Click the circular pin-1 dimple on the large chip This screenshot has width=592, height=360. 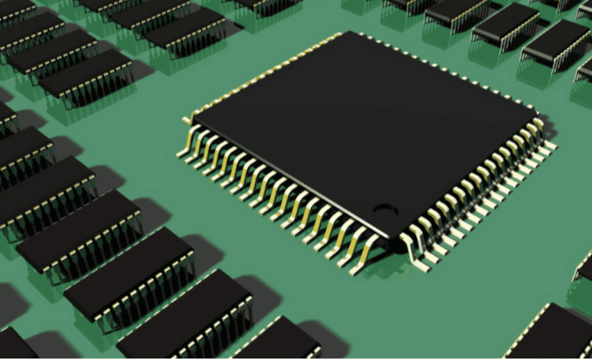384,210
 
